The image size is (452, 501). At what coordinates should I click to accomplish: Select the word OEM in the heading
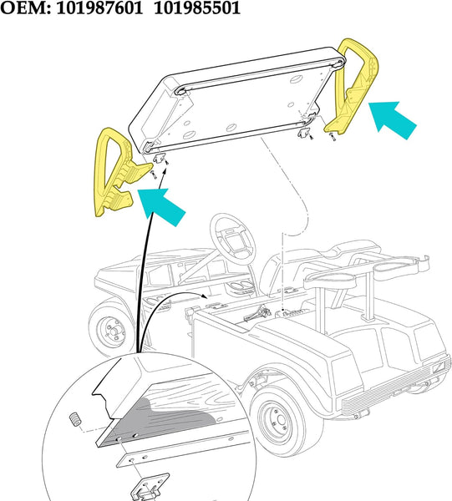tap(25, 9)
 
